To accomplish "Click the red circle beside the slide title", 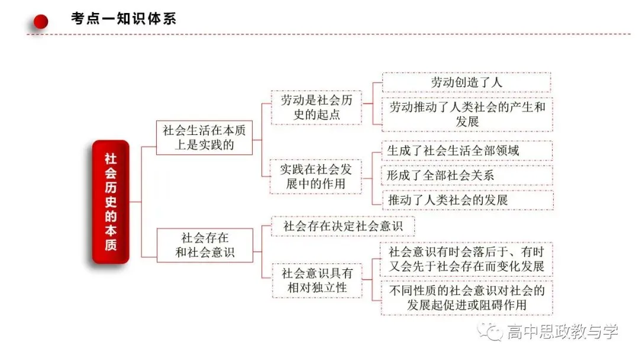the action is [x=40, y=21].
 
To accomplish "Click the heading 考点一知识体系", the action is [x=124, y=18].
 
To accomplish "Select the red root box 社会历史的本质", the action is [x=111, y=202].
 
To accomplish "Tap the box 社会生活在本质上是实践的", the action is [x=204, y=137].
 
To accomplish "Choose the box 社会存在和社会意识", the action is [x=205, y=245].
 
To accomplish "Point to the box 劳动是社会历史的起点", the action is [x=316, y=107].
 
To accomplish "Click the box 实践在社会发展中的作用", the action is [x=316, y=176].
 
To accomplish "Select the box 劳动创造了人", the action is [x=467, y=82].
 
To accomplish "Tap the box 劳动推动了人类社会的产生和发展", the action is [x=467, y=114].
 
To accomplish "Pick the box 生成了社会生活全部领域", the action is [x=467, y=150].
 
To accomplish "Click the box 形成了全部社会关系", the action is [x=467, y=175].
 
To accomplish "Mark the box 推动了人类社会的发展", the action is [x=467, y=200].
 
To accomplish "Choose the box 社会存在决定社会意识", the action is [x=343, y=226].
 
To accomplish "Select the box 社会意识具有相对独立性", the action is [x=317, y=281].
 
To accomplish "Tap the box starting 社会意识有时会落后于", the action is [x=466, y=259].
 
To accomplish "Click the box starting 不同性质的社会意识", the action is [x=467, y=298].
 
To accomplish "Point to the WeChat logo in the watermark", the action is [x=490, y=331].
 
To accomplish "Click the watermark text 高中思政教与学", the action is [x=563, y=331].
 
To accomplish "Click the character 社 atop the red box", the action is [x=111, y=159].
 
